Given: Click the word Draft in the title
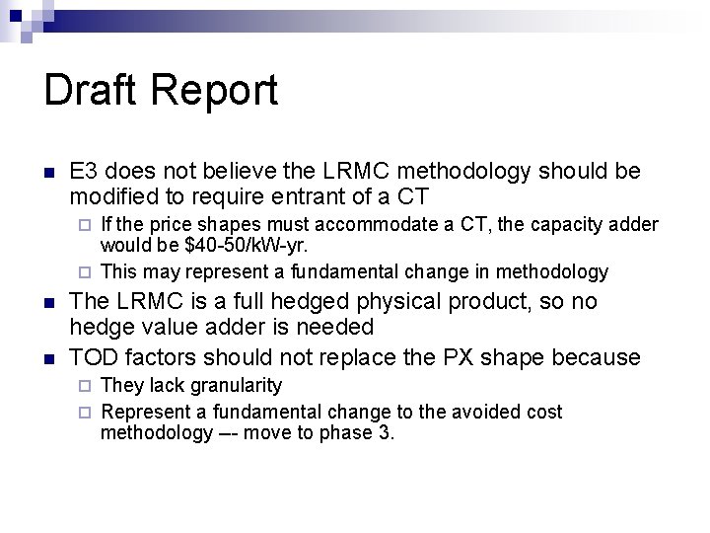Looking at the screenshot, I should [x=93, y=91].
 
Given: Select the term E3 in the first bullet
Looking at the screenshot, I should [x=84, y=172].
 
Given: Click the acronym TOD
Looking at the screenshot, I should [x=94, y=356].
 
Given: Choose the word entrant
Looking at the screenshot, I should [x=279, y=196].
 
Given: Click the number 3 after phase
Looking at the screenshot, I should [x=387, y=433].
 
